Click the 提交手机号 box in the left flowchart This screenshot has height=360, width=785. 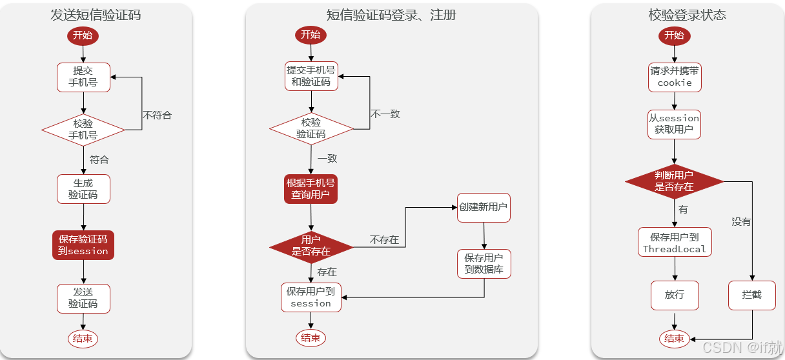pyautogui.click(x=83, y=77)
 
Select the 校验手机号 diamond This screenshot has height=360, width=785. pyautogui.click(x=83, y=130)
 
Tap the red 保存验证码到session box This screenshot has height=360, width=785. pyautogui.click(x=83, y=245)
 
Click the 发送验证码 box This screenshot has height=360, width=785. pyautogui.click(x=83, y=298)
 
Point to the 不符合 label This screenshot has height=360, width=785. pyautogui.click(x=158, y=115)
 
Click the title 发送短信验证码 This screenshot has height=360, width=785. pyautogui.click(x=96, y=15)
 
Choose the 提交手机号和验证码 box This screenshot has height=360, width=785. pyautogui.click(x=311, y=76)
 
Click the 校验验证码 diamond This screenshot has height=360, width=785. pyautogui.click(x=311, y=128)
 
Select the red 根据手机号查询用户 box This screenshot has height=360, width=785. pyautogui.click(x=311, y=188)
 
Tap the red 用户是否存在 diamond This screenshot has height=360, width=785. pyautogui.click(x=311, y=246)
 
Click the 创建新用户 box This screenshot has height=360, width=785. pyautogui.click(x=484, y=208)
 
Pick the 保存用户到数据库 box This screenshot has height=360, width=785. pyautogui.click(x=484, y=263)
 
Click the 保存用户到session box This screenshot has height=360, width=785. pyautogui.click(x=311, y=297)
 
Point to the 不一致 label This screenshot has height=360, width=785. pyautogui.click(x=385, y=114)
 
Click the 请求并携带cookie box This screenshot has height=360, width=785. pyautogui.click(x=675, y=77)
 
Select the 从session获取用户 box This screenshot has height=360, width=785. pyautogui.click(x=674, y=124)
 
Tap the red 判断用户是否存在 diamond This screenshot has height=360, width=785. pyautogui.click(x=675, y=181)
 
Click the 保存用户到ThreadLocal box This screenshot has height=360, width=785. pyautogui.click(x=675, y=243)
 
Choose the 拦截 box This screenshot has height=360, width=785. pyautogui.click(x=752, y=295)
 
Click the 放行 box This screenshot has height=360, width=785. pyautogui.click(x=674, y=295)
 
